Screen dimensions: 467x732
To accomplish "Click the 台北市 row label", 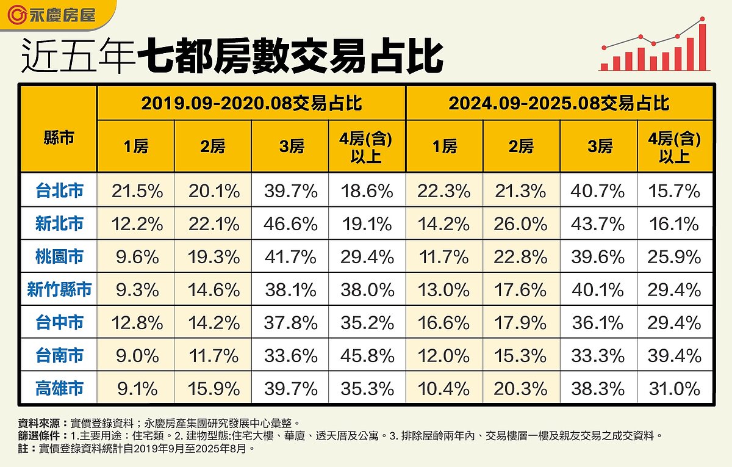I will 59,191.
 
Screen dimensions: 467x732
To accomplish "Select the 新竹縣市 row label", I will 59,289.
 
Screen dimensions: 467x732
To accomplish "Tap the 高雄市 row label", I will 59,388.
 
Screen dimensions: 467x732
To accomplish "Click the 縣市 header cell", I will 59,138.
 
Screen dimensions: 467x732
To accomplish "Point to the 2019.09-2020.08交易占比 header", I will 251,103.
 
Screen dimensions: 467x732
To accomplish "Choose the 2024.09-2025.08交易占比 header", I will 559,103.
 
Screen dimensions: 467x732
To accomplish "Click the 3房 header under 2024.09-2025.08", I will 598,147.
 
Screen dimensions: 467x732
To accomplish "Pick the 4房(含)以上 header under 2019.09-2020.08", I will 367,147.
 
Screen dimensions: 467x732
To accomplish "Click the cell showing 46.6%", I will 290,224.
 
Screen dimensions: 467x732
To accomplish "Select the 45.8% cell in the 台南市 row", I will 367,355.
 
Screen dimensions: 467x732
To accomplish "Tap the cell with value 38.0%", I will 367,289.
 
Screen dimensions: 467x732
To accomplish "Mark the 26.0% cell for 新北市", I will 521,224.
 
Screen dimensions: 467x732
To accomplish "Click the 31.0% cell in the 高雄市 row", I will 674,388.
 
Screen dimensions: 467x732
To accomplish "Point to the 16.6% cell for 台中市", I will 443,322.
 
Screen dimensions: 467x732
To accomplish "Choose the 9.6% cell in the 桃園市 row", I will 137,257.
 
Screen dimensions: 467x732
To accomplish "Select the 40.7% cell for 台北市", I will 598,191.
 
